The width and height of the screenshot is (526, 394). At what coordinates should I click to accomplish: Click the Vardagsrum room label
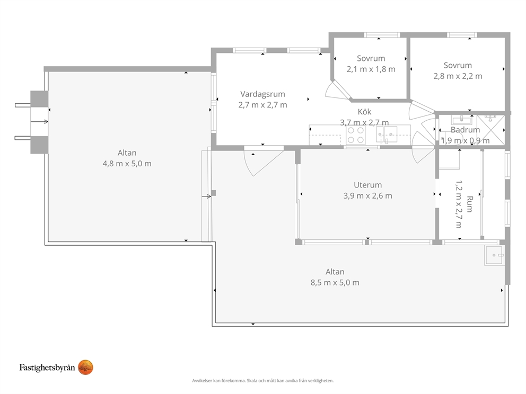pos(262,94)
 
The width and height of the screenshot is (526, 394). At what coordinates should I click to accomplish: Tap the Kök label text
pos(364,112)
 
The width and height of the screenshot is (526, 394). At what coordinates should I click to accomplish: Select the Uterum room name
pos(367,185)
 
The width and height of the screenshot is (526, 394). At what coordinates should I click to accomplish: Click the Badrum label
pos(465,130)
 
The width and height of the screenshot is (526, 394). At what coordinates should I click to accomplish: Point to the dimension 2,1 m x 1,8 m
pos(371,69)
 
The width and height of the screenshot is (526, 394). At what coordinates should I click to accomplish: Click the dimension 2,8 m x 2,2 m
pos(458,76)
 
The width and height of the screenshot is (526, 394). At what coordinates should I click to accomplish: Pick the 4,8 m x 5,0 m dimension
pos(127,164)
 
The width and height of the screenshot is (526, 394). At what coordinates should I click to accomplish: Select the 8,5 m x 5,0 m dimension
pos(335,282)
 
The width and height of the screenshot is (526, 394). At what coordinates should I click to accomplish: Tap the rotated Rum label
pos(470,204)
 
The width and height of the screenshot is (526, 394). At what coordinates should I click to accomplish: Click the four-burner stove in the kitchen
pos(356,136)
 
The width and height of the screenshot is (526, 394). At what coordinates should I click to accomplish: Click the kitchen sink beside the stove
pos(387,135)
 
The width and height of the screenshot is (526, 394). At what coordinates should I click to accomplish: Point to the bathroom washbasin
pos(462,120)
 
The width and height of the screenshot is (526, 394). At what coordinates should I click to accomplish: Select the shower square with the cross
pos(490,130)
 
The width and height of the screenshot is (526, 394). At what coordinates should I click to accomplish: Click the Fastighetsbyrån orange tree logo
pos(85,368)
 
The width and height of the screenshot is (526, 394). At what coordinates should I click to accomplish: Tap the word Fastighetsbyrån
pos(47,368)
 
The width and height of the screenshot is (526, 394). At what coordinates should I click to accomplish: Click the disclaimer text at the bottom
pos(263,381)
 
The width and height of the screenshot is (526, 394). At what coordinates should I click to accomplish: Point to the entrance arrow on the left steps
pos(39,122)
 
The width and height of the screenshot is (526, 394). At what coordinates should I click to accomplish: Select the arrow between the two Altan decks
pos(206,196)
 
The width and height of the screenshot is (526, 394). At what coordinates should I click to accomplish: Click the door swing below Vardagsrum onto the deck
pos(264,161)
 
